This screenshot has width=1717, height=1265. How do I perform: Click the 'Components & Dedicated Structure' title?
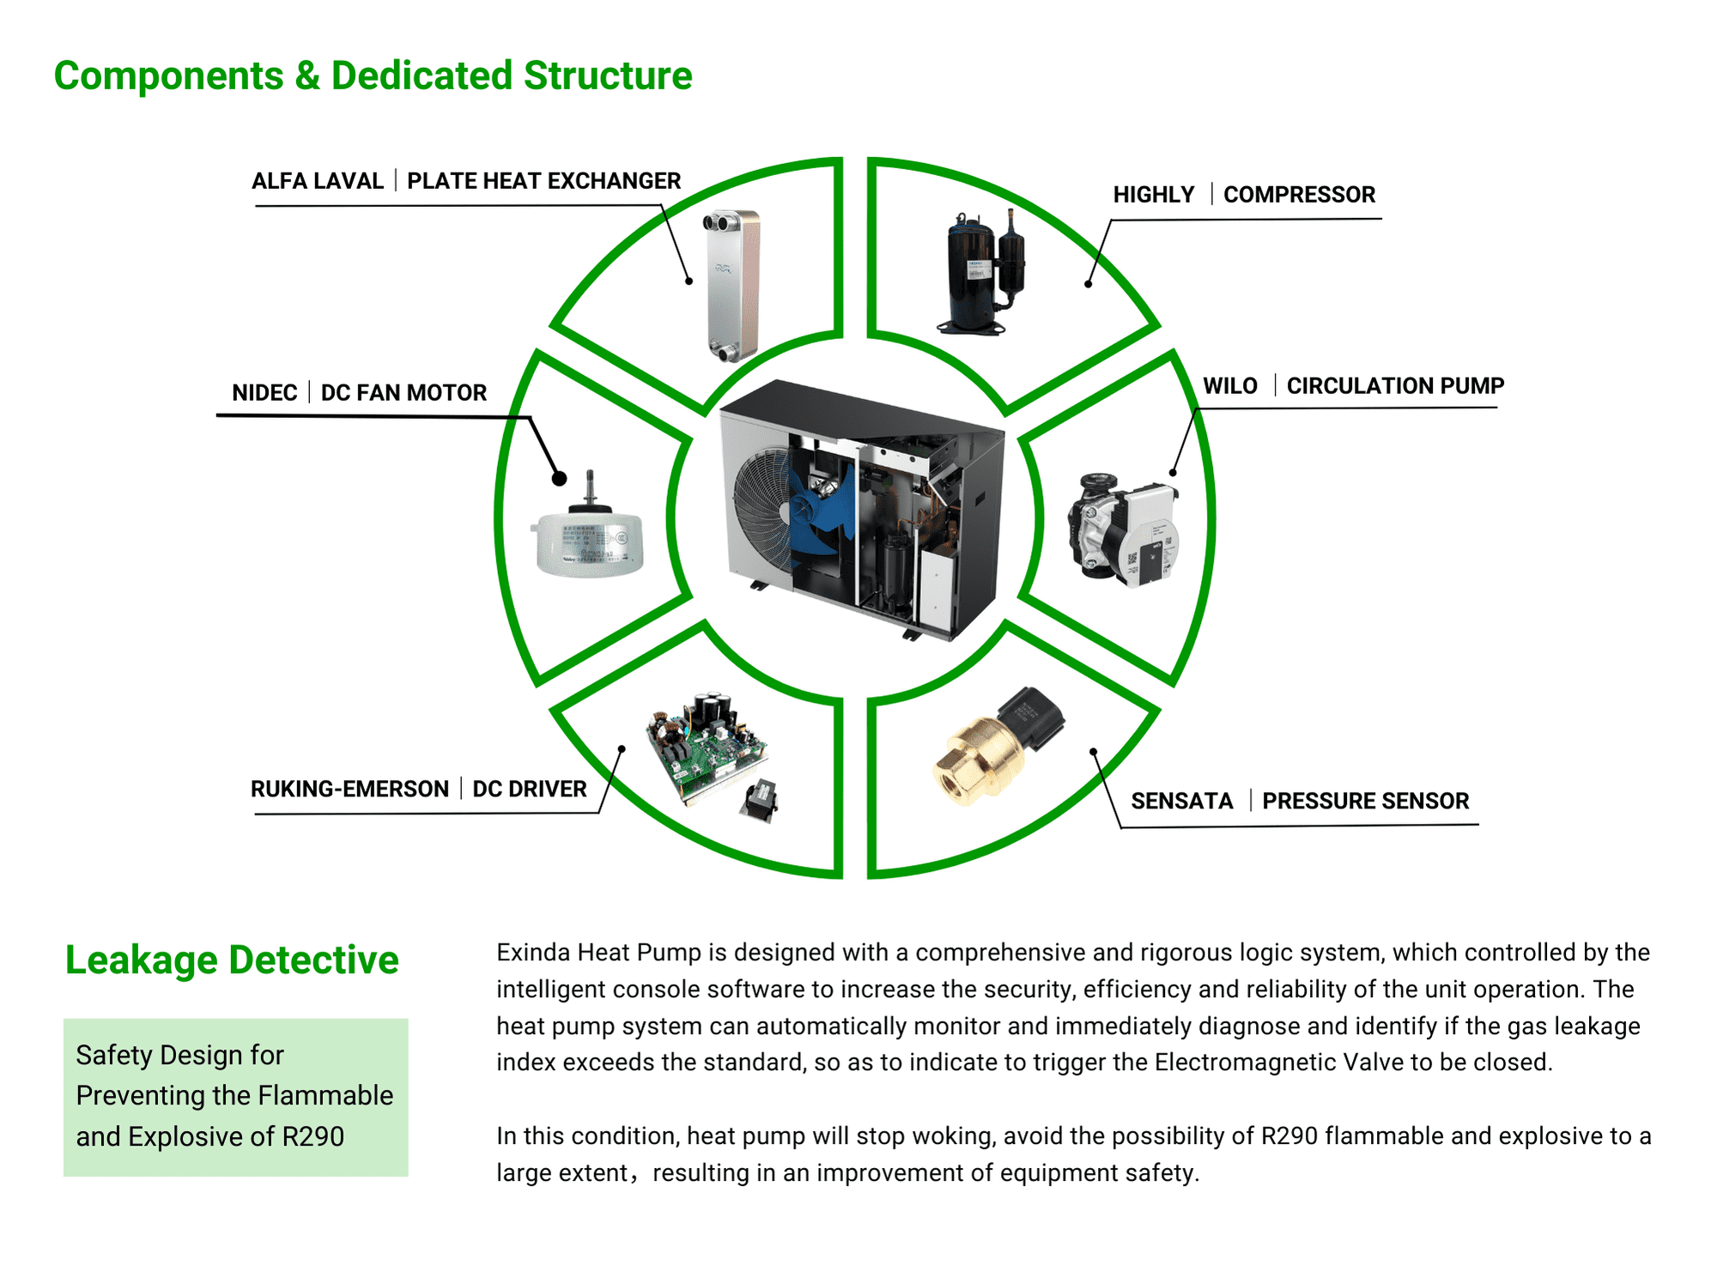click(373, 76)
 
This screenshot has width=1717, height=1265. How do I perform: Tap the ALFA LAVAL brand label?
click(317, 181)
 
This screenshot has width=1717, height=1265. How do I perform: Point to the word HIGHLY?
click(1153, 195)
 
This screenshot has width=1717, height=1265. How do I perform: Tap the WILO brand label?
click(1229, 386)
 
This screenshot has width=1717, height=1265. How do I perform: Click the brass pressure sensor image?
click(996, 747)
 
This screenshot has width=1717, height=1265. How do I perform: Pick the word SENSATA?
click(1181, 801)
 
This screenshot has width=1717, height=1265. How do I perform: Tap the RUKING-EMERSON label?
click(349, 789)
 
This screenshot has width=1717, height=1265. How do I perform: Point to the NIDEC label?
click(264, 393)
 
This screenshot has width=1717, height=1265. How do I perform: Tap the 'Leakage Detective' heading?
click(232, 959)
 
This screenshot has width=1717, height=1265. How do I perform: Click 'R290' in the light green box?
click(312, 1136)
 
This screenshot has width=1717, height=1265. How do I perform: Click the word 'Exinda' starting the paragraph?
click(533, 953)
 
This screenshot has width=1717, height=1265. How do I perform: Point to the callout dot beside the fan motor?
click(559, 479)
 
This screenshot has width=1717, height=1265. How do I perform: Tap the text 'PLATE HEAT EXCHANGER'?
click(543, 181)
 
